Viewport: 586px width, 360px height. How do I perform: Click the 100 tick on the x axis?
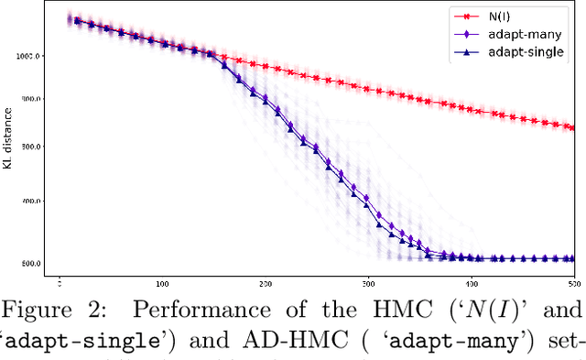(x=162, y=283)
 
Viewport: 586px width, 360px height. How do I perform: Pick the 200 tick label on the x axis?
(x=266, y=283)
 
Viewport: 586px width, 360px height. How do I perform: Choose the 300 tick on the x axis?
(x=368, y=283)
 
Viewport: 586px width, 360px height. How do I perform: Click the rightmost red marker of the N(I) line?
(x=573, y=127)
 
